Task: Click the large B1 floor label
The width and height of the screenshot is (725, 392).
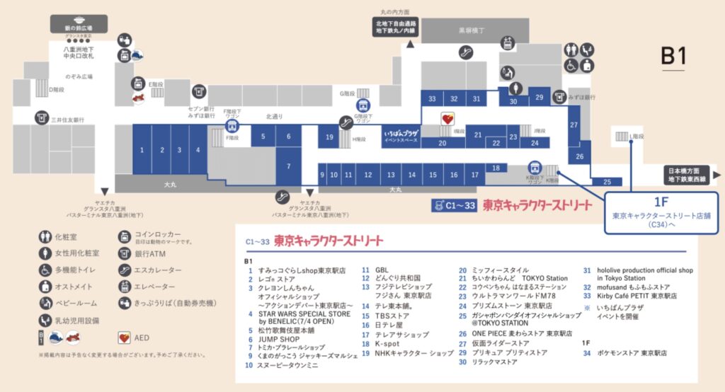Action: (x=673, y=57)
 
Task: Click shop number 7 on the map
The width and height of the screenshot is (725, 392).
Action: (x=288, y=167)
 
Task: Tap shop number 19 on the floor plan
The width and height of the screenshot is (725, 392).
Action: (x=329, y=137)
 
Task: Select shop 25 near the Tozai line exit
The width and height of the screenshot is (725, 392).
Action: (x=607, y=182)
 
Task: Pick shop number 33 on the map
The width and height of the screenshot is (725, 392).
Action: (x=432, y=98)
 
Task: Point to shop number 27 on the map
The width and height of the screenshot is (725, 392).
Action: (x=573, y=124)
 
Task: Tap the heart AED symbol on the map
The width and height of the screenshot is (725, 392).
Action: (x=447, y=119)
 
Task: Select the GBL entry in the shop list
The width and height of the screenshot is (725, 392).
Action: (x=382, y=270)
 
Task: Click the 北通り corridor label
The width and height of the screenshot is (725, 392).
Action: (x=274, y=116)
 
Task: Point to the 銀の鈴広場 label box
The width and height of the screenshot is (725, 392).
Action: (x=79, y=27)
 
